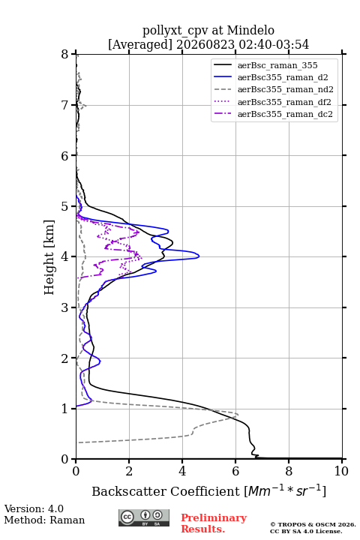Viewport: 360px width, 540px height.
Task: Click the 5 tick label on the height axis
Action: tap(64, 207)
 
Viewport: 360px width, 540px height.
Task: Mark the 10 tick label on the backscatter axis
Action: tap(341, 471)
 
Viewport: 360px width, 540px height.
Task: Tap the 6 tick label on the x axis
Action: tap(235, 471)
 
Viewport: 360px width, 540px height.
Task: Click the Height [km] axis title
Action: tap(49, 257)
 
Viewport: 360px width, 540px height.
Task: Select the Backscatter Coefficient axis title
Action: tap(208, 491)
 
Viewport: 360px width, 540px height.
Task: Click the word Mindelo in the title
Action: tap(250, 30)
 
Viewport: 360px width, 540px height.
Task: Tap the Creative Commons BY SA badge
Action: tap(144, 517)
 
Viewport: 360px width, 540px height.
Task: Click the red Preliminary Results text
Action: tap(214, 523)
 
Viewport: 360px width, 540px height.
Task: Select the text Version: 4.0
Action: tap(34, 508)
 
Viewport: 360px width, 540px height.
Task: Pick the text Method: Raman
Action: tap(44, 520)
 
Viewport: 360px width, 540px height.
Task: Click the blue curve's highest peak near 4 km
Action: tap(199, 256)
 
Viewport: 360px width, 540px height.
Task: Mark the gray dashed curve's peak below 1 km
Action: tap(238, 414)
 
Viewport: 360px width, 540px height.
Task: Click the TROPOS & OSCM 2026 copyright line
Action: tap(313, 524)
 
